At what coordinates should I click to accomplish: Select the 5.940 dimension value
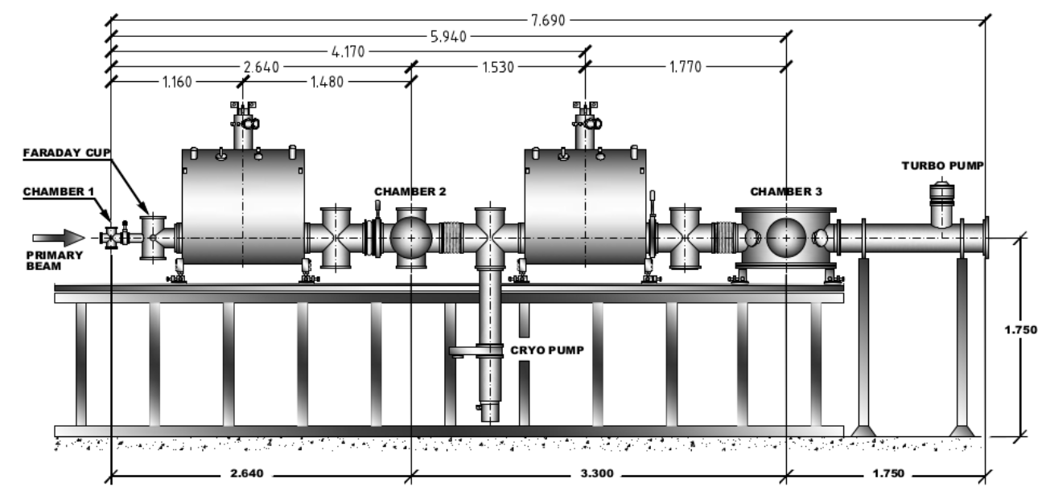[451, 35]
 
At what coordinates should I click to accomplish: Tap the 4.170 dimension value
[344, 51]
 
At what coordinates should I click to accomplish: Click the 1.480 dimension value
[326, 82]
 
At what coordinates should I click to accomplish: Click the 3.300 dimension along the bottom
[596, 473]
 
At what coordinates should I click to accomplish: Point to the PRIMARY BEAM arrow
[59, 237]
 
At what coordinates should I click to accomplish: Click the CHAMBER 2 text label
[410, 192]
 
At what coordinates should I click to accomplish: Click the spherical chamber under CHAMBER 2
[411, 238]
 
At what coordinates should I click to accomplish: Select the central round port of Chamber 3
[784, 238]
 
